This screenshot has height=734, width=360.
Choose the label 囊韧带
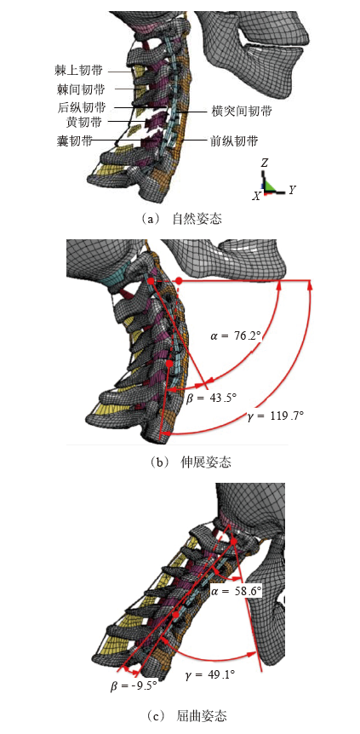click(x=75, y=140)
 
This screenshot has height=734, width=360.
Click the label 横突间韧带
click(x=241, y=112)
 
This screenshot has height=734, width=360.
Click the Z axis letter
click(x=265, y=163)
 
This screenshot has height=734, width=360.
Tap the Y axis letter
click(x=292, y=190)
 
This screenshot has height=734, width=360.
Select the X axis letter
click(x=255, y=197)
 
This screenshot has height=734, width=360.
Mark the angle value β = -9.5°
click(x=130, y=685)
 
